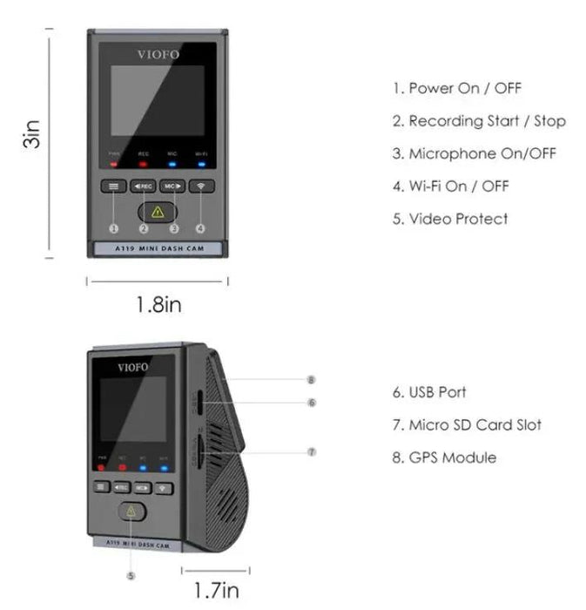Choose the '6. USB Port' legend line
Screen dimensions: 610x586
(428, 392)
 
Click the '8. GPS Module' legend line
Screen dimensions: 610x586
(443, 457)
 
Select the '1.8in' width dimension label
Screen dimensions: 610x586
(158, 305)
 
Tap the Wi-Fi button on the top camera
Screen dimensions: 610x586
(201, 186)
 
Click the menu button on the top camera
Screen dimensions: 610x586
(113, 186)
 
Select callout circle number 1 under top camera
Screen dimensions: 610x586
(113, 228)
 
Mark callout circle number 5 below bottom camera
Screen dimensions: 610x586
(131, 576)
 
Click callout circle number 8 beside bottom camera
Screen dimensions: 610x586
(311, 380)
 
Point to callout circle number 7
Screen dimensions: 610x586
(311, 452)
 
